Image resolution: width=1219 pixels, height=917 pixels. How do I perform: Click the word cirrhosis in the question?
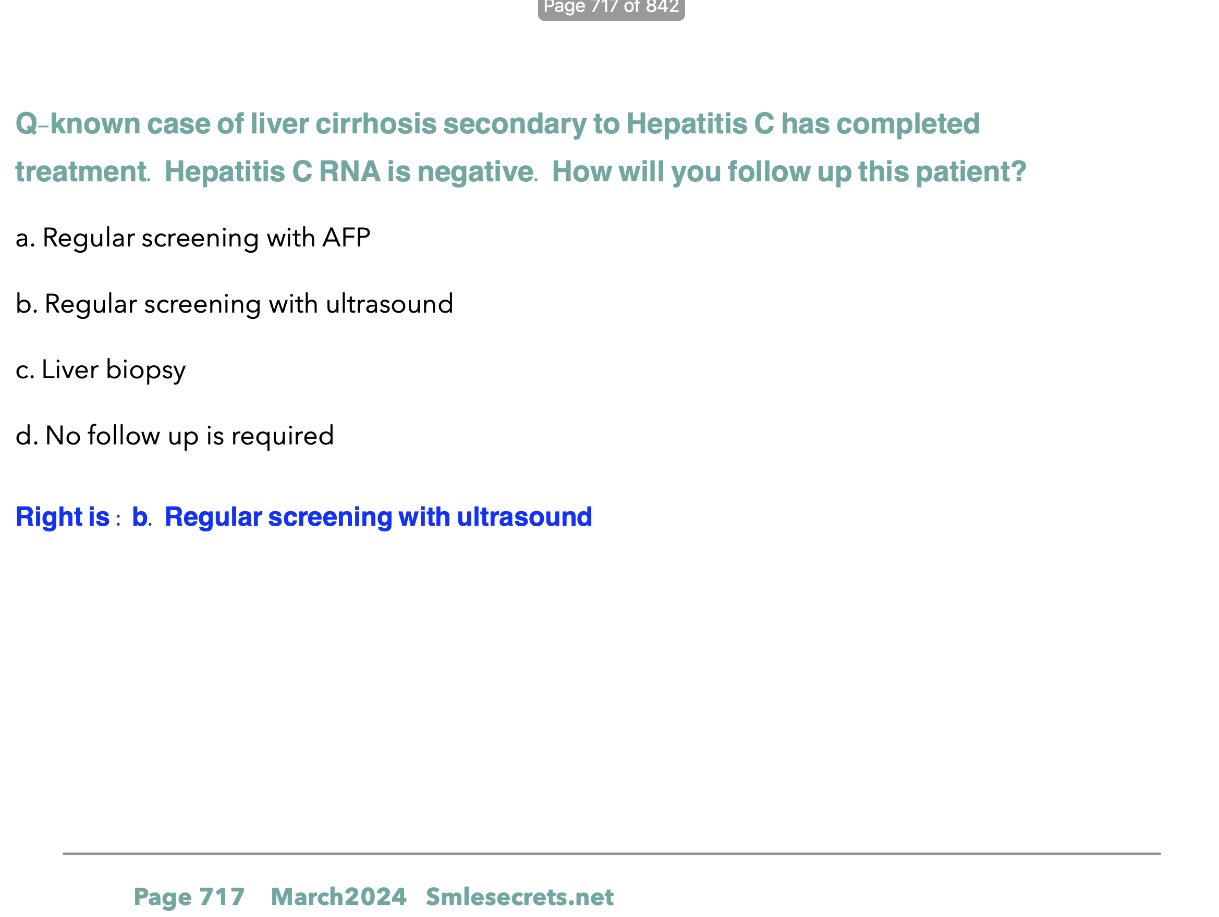(376, 123)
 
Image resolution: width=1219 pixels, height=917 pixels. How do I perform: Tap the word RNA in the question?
(350, 171)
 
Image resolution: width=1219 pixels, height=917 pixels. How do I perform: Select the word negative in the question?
(475, 172)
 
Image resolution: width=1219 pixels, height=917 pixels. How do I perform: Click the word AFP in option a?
(346, 238)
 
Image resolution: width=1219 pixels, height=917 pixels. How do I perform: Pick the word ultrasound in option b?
(389, 303)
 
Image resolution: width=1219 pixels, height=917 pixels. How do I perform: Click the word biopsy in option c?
(145, 370)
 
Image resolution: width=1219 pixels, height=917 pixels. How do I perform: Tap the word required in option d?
(282, 436)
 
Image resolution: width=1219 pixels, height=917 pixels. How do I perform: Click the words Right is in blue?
(63, 517)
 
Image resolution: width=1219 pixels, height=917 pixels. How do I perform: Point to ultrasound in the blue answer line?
(525, 517)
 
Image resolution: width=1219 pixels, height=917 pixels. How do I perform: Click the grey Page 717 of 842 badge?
(611, 8)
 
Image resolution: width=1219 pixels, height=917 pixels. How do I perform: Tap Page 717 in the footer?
(189, 897)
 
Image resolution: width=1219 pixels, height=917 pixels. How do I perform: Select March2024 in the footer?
(338, 897)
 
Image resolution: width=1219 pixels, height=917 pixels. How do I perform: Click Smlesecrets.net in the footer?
(520, 897)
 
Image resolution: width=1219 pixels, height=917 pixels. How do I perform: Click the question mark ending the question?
(1019, 171)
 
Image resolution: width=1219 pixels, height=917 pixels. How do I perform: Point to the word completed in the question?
(908, 125)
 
